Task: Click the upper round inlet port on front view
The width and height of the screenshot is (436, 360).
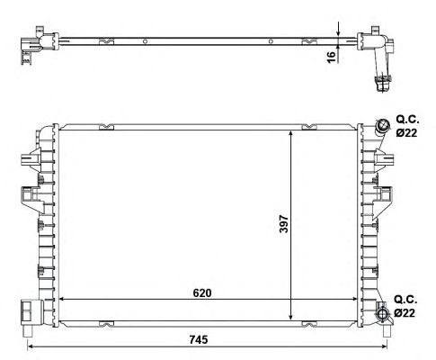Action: (x=382, y=125)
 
